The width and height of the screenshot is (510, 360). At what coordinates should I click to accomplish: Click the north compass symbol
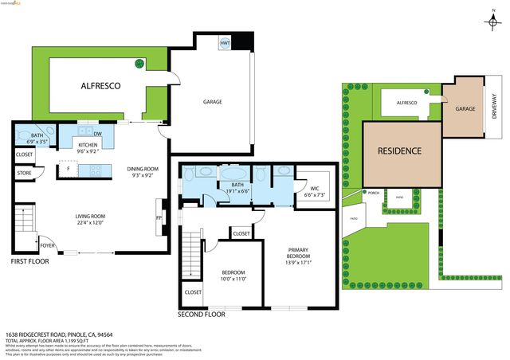(x=488, y=23)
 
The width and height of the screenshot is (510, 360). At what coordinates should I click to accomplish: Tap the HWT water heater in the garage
(x=226, y=43)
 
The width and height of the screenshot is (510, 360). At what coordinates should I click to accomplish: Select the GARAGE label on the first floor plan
(x=212, y=102)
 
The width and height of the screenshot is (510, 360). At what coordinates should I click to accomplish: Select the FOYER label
(x=48, y=245)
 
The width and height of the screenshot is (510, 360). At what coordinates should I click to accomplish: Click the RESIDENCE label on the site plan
(x=400, y=151)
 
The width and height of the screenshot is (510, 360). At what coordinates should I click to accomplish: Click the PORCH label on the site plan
(x=373, y=192)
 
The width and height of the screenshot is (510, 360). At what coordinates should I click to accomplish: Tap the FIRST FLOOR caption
(x=31, y=260)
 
